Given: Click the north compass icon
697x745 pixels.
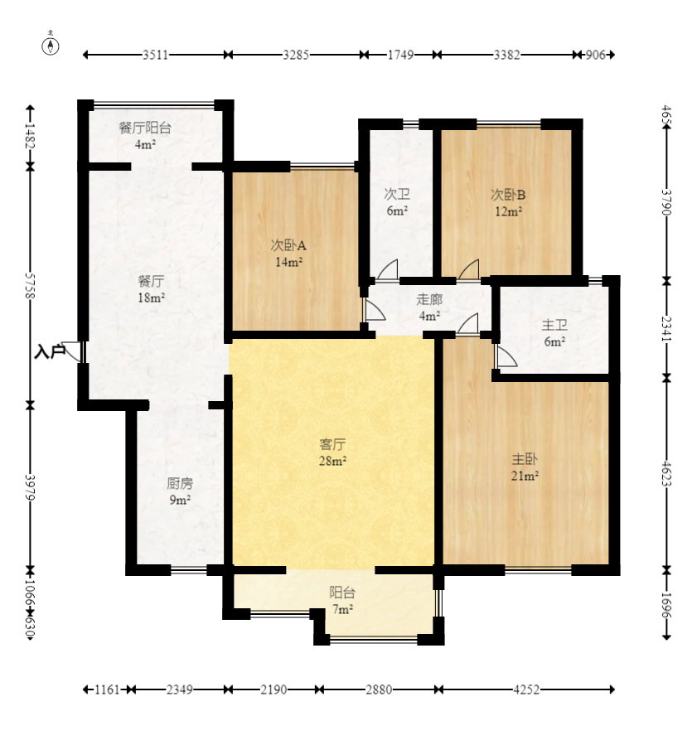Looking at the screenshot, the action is point(51,45).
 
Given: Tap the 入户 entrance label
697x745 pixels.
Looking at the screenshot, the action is point(49,352).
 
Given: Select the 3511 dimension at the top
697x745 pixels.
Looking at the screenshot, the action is point(155,56).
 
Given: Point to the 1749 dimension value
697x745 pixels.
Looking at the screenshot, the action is point(400,56).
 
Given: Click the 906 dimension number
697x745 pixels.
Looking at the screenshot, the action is point(595,56).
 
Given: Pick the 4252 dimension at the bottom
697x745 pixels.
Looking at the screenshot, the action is point(526,689).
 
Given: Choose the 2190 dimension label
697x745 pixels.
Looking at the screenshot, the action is point(273,689).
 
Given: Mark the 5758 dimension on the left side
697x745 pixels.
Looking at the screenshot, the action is point(30,286).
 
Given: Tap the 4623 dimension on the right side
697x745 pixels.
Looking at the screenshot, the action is point(666,473).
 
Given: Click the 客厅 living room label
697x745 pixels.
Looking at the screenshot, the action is point(332,445).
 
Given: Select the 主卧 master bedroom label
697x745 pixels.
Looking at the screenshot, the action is point(525,459).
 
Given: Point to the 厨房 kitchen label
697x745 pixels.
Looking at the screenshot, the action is point(180,484).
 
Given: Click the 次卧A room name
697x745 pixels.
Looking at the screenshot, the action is point(288,245).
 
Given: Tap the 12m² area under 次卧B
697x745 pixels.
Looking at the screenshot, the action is point(508,211).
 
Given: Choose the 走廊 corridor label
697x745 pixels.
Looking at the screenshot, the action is point(429,299).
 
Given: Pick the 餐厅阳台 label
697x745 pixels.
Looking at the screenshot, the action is point(145,128).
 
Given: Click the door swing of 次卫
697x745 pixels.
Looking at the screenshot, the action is point(388,270).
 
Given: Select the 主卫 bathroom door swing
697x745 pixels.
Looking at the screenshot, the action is point(506,356).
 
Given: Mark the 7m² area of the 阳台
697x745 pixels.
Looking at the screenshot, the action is point(342,609).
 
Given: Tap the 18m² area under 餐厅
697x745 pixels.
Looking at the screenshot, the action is point(151,298).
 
